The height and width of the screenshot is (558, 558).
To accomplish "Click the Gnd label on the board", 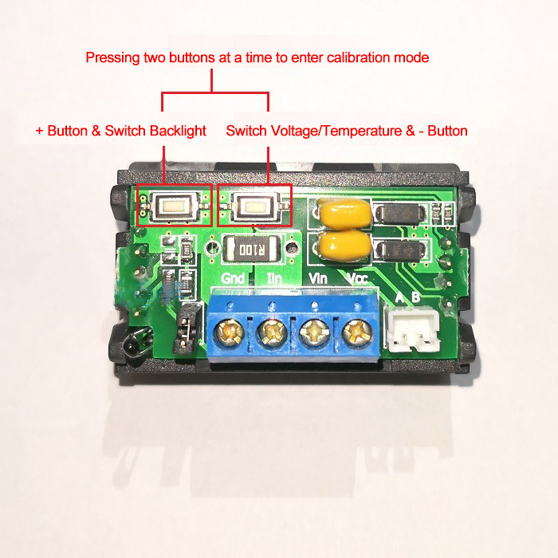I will [x=234, y=279].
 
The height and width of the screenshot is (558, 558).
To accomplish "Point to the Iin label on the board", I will [x=273, y=279].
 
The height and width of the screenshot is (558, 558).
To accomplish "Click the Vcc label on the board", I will [x=356, y=279].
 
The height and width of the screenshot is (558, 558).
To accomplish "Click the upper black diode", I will [x=401, y=214].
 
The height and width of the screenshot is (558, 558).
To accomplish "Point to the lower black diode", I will [x=401, y=250].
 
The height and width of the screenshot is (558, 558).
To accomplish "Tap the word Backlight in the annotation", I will [x=178, y=131].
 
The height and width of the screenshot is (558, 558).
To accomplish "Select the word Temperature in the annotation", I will [x=354, y=131].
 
